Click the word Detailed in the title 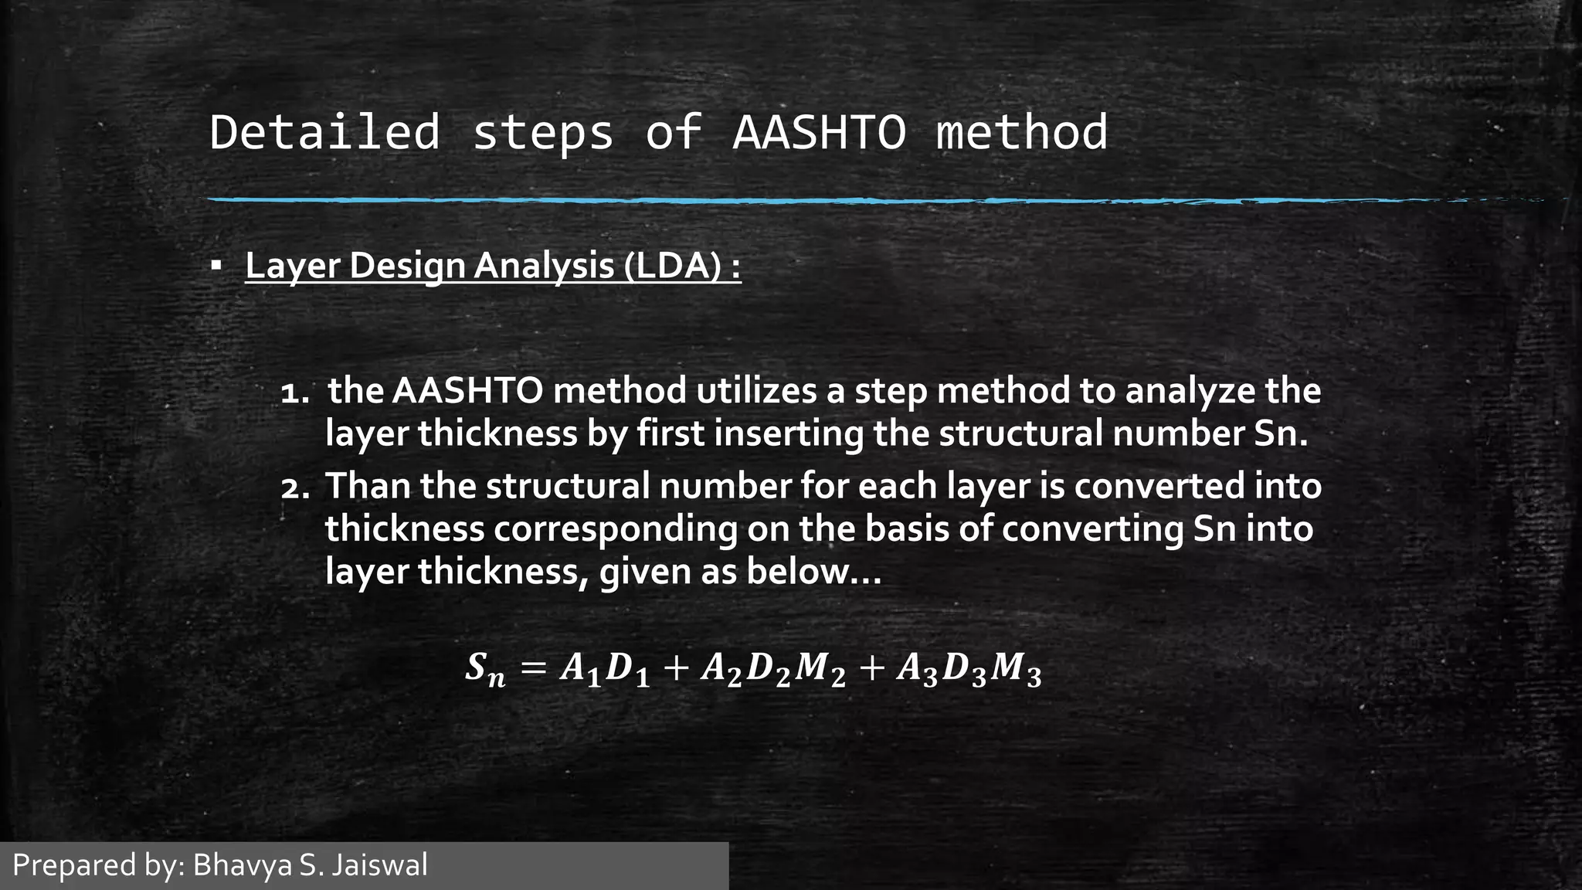[324, 132]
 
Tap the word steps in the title [543, 132]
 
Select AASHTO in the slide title [820, 132]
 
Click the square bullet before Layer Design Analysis [216, 267]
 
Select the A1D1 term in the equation [604, 670]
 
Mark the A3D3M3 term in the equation [969, 670]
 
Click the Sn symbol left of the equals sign [485, 670]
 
